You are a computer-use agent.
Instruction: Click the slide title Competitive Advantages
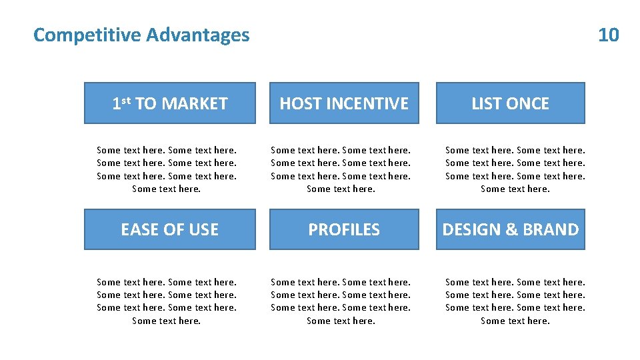(x=141, y=35)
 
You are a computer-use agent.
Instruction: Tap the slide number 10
(x=608, y=35)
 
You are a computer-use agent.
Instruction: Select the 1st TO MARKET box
(x=169, y=103)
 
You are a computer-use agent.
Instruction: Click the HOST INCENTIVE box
(x=344, y=103)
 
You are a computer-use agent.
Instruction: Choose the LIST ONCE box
(x=510, y=103)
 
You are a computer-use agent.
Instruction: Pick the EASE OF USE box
(x=169, y=229)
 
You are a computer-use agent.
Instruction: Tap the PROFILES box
(x=344, y=229)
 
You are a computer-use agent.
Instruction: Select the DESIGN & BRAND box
(x=510, y=229)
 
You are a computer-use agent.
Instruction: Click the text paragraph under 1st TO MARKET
(x=167, y=169)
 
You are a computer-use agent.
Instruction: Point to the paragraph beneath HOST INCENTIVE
(x=341, y=169)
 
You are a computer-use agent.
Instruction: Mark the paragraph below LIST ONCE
(x=515, y=169)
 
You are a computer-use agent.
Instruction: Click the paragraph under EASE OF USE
(x=167, y=301)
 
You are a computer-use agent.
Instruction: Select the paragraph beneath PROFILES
(x=341, y=301)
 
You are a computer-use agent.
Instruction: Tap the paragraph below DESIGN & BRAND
(x=515, y=301)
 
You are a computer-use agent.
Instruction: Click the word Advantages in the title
(x=198, y=35)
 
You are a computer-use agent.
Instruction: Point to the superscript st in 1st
(x=125, y=101)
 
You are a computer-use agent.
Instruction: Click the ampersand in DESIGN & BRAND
(x=512, y=229)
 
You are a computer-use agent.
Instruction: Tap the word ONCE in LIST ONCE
(x=527, y=103)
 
